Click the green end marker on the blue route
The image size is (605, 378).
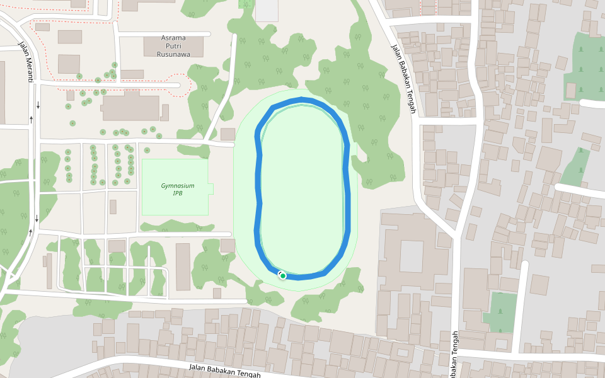pos(284,276)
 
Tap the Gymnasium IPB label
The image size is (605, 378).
pos(177,190)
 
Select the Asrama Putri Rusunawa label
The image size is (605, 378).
pos(174,46)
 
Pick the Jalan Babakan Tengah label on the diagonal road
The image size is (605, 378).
pos(403,79)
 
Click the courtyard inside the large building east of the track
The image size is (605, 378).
pos(412,256)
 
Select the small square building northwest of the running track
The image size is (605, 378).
pos(228,134)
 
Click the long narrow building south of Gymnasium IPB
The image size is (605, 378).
pos(183,266)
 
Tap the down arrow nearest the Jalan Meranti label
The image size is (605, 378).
pos(38,105)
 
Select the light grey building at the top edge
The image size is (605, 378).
pos(266,10)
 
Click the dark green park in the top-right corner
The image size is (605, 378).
pos(584,63)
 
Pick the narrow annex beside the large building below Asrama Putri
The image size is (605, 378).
pos(164,112)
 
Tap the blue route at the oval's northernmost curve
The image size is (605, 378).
pos(302,100)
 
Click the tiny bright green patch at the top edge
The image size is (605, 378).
pos(246,3)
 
